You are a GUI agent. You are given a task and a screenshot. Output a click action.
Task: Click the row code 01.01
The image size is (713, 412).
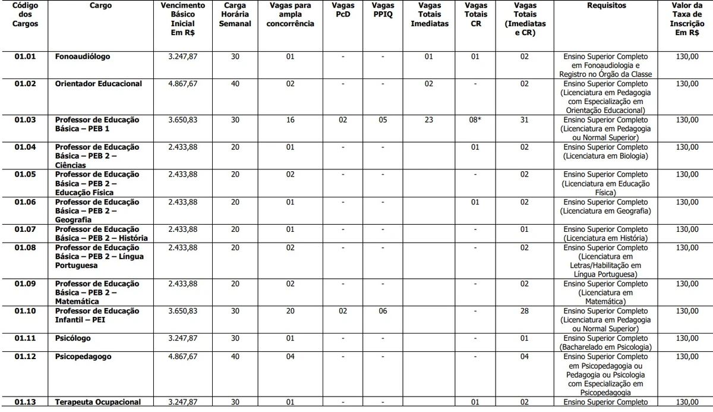(x=26, y=56)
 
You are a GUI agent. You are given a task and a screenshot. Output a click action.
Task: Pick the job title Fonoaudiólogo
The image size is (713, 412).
(x=83, y=56)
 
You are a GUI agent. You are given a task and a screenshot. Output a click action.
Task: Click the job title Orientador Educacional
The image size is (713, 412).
(x=99, y=84)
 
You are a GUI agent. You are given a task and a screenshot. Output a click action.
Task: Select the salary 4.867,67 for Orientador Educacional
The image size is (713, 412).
(x=183, y=84)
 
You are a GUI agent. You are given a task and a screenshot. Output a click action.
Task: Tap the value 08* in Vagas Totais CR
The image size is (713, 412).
(x=475, y=120)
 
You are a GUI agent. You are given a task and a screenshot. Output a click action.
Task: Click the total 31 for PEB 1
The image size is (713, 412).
(x=524, y=120)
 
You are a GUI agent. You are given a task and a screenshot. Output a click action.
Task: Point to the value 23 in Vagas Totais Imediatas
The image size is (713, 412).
(x=429, y=120)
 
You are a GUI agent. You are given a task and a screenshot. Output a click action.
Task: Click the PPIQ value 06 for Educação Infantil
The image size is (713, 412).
(x=383, y=312)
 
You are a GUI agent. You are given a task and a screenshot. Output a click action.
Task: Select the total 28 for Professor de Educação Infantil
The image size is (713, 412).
(x=524, y=312)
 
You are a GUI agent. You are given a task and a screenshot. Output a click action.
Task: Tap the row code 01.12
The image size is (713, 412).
(x=26, y=357)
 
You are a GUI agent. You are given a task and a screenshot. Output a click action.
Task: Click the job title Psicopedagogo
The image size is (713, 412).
(x=83, y=357)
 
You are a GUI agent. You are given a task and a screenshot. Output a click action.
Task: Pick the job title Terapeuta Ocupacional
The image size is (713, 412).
(x=98, y=402)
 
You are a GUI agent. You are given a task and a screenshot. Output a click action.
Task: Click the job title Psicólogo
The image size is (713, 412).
(x=74, y=339)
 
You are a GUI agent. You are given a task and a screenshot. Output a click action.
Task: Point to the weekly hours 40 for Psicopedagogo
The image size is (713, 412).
(x=235, y=357)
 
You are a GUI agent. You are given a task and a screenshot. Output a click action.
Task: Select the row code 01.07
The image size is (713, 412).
(x=26, y=229)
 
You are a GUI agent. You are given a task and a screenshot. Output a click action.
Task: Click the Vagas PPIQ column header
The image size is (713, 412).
(x=383, y=10)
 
